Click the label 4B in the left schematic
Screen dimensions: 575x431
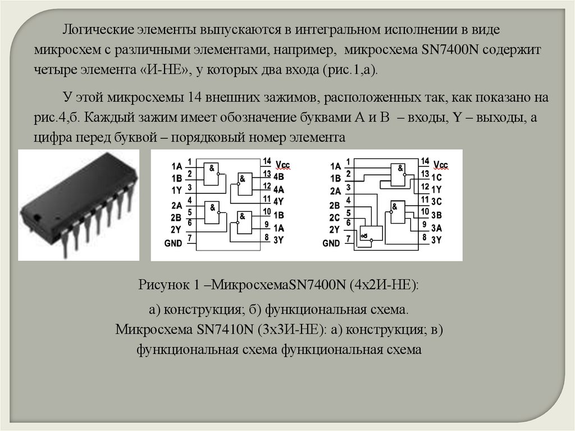coord(279,176)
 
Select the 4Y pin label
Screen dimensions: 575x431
coord(279,201)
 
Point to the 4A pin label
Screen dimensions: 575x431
coord(279,189)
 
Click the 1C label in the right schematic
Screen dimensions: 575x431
coord(437,176)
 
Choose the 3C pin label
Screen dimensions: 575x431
coord(437,202)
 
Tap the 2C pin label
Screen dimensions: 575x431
coord(335,217)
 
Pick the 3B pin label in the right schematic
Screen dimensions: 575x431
coord(437,215)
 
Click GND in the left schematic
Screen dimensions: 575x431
coord(174,243)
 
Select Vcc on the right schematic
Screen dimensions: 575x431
coord(441,165)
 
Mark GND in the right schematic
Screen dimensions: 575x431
coord(332,243)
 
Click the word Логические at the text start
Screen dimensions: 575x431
coord(97,29)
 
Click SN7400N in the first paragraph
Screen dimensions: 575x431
coord(447,50)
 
